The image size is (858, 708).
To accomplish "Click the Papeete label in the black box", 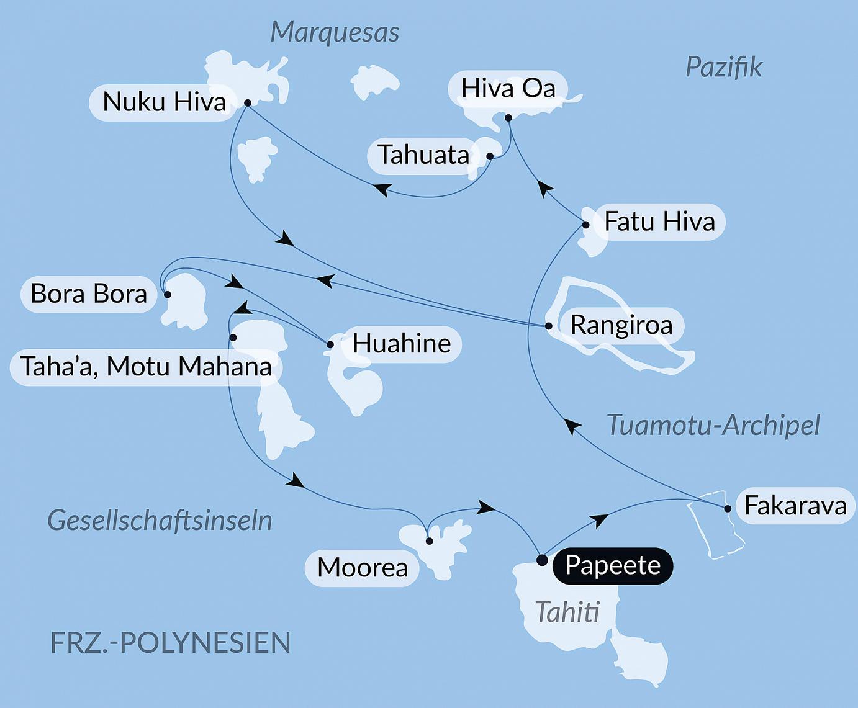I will pos(612,565).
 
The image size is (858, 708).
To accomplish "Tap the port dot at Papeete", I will pos(542,560).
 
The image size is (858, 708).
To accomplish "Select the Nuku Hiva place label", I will pos(164,102).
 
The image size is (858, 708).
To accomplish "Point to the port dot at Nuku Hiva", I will pos(247,103).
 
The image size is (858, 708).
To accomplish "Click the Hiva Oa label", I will pos(508,88).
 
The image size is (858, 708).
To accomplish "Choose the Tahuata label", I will pos(423,155).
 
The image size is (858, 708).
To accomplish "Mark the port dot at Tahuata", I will pos(490,156).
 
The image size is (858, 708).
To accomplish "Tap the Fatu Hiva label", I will pos(659,222).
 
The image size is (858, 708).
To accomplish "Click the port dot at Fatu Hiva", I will pos(586,225).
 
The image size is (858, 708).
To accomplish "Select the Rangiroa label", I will pos(621,325).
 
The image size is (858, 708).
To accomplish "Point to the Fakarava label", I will pos(795,506).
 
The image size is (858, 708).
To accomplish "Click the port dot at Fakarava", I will pos(728,509).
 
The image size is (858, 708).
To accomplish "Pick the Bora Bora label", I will pos(89,294).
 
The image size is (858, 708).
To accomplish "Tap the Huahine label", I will pos(402,343).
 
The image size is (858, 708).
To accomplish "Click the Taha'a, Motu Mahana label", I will pos(146,367).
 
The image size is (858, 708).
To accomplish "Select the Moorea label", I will pos(362,568).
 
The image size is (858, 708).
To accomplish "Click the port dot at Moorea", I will pos(429,541).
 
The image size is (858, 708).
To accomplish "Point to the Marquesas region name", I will pos(335,32).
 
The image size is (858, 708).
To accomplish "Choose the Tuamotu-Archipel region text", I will pos(713,426).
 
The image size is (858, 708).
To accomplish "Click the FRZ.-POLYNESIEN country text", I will pos(170,643).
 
